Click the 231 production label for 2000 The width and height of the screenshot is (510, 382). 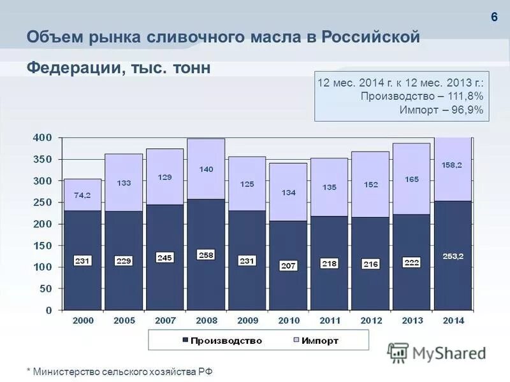click(83, 260)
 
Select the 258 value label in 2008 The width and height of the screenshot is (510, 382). click(206, 255)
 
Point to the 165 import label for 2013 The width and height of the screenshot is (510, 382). click(412, 180)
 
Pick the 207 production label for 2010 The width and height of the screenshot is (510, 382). click(288, 265)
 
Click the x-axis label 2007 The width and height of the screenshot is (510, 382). click(165, 320)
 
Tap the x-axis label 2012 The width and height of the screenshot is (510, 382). click(370, 320)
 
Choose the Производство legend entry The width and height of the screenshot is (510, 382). click(222, 341)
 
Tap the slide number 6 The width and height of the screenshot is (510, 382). click(493, 17)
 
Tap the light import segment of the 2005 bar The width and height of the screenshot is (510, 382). click(124, 182)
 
